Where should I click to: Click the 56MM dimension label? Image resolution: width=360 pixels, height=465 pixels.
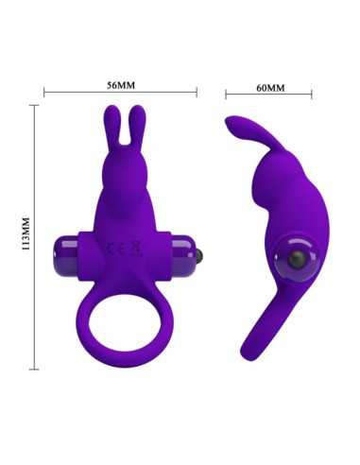point(121,84)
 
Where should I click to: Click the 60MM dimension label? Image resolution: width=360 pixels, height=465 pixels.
point(270,87)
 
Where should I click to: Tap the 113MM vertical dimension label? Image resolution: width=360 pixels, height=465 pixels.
point(26,235)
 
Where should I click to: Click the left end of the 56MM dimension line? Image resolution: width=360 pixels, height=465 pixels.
point(45,93)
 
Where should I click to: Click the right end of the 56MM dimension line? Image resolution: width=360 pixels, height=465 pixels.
point(197,93)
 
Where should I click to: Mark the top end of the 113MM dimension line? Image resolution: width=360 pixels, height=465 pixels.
point(36,106)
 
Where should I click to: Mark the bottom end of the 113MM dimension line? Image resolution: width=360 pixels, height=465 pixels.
point(36,367)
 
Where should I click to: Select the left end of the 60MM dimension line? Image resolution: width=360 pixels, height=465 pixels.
point(227,95)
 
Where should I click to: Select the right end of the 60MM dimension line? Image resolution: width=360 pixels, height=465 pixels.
point(313,95)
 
